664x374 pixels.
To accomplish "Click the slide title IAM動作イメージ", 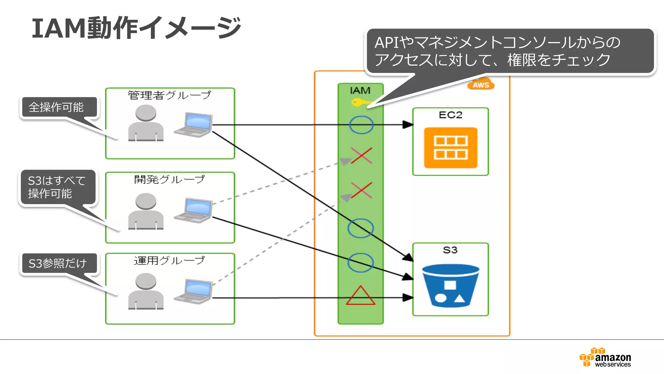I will [x=136, y=28].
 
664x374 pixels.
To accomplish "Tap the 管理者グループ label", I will [x=169, y=95].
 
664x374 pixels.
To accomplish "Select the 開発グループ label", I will [x=169, y=179].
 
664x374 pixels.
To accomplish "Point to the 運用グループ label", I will [x=169, y=260].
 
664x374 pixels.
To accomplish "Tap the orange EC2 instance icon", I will [x=450, y=148].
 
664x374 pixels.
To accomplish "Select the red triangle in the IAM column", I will [x=360, y=296].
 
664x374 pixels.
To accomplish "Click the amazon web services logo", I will [x=605, y=358].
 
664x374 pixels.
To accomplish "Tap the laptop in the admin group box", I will [x=194, y=125].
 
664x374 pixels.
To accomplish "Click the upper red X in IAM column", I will [x=361, y=156].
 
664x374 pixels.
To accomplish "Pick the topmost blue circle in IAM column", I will [x=361, y=125].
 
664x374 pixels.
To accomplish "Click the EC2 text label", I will [x=450, y=115].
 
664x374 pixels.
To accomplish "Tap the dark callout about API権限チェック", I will [x=510, y=51].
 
